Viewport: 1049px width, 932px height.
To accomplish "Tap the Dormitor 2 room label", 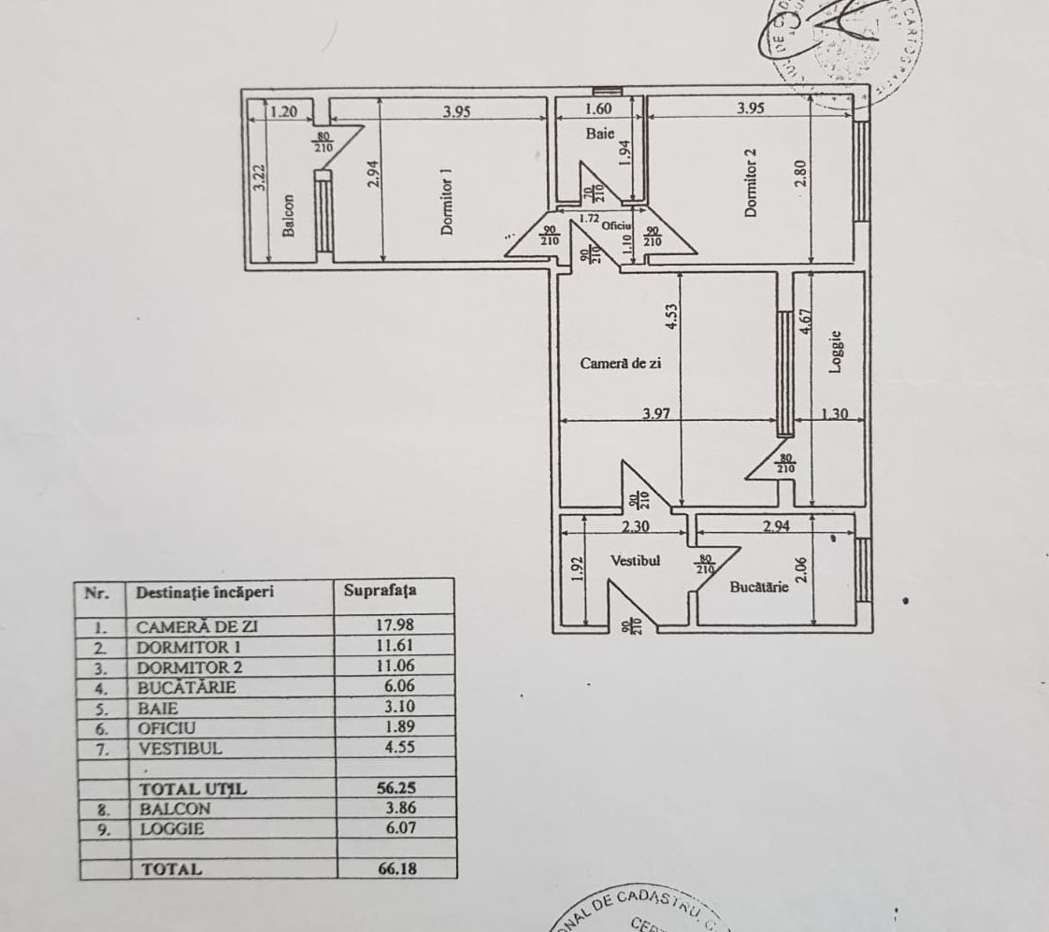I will point(749,183).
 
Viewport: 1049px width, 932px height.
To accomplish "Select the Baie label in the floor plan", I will point(599,134).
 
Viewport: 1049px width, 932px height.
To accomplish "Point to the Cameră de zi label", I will point(621,364).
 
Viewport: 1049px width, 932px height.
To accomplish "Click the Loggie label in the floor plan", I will point(837,351).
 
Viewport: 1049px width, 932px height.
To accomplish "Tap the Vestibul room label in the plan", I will point(636,561).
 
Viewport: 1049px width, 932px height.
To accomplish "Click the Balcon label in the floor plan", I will point(289,216).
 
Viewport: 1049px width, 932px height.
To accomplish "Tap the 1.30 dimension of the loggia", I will point(834,413).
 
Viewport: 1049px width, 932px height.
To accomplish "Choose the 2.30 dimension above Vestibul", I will point(636,526).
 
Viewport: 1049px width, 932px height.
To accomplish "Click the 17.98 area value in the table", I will point(393,625).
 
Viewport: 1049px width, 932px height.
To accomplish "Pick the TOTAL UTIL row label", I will point(193,789).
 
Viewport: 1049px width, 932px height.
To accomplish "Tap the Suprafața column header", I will point(381,591).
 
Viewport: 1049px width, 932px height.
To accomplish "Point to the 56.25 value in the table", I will point(393,788).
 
